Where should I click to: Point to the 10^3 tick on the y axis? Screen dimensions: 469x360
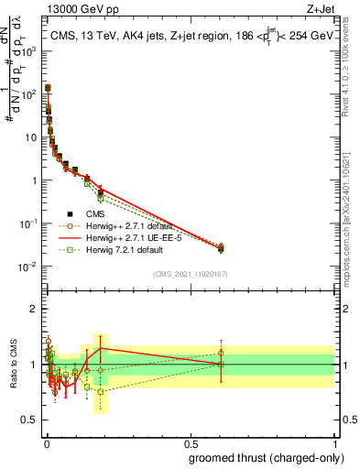pos(33,50)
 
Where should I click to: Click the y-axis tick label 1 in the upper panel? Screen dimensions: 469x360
pos(37,180)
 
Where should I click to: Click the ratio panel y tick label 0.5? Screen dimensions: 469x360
pos(32,420)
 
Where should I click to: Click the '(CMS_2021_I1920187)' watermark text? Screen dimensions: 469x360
pos(191,274)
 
